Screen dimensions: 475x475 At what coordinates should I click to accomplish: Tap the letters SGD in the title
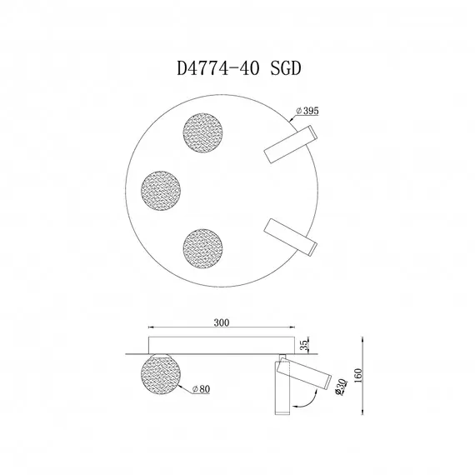pyautogui.click(x=284, y=71)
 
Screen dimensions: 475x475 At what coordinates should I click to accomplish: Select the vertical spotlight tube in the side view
pyautogui.click(x=281, y=388)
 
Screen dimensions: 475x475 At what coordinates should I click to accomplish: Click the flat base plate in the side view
pyautogui.click(x=221, y=344)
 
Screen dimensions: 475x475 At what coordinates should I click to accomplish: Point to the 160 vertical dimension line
pyautogui.click(x=364, y=375)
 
